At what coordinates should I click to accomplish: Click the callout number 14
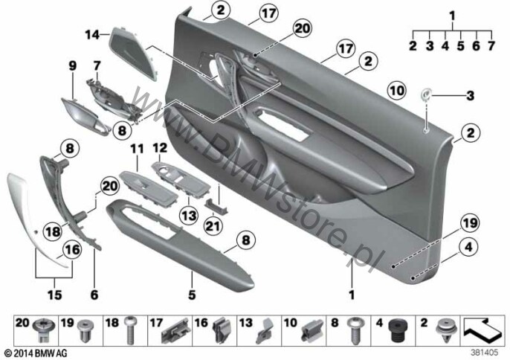92,34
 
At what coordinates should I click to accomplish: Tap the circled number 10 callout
397,90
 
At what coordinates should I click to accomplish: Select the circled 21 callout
213,225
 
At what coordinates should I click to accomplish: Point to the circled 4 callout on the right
468,248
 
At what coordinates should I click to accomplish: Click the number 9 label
73,66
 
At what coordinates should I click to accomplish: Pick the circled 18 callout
53,231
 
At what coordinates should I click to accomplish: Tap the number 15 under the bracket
55,295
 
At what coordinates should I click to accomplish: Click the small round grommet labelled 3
426,94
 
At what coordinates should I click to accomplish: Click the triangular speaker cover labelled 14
133,53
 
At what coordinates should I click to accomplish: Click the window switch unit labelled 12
181,180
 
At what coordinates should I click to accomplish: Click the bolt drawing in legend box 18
130,330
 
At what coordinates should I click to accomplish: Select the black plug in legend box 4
397,330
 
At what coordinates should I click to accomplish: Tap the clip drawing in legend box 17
175,331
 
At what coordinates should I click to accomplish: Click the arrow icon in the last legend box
482,330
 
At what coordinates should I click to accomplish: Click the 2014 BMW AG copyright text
36,353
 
